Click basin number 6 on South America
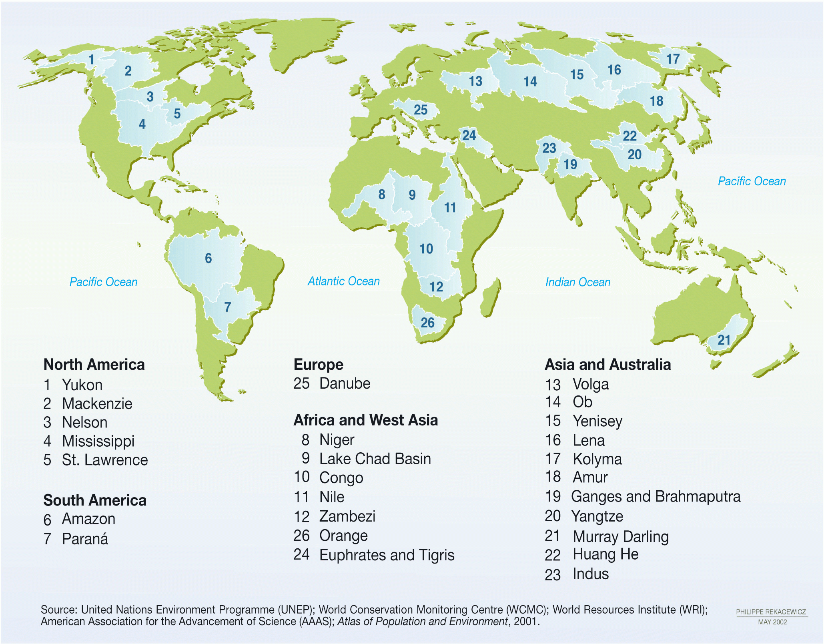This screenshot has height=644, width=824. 208,258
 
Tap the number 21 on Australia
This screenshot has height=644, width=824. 724,340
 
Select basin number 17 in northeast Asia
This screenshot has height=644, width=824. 673,59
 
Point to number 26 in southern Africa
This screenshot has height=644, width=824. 427,323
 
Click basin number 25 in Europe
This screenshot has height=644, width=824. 420,110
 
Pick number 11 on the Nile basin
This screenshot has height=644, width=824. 450,207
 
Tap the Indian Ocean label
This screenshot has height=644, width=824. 577,282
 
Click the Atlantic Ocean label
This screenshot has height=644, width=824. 343,281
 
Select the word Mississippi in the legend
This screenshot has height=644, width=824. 98,441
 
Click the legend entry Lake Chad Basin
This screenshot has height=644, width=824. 375,459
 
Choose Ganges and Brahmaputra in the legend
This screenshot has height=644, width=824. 656,497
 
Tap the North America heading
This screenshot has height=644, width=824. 94,365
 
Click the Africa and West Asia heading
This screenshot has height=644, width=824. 365,420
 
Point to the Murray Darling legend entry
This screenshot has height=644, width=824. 620,536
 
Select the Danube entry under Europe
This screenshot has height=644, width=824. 345,383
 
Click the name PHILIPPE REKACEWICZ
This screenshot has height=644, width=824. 771,612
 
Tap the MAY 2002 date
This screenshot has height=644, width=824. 772,622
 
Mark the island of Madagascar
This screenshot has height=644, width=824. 491,298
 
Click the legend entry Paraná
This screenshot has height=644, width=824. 85,539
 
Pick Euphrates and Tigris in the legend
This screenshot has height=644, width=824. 387,555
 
